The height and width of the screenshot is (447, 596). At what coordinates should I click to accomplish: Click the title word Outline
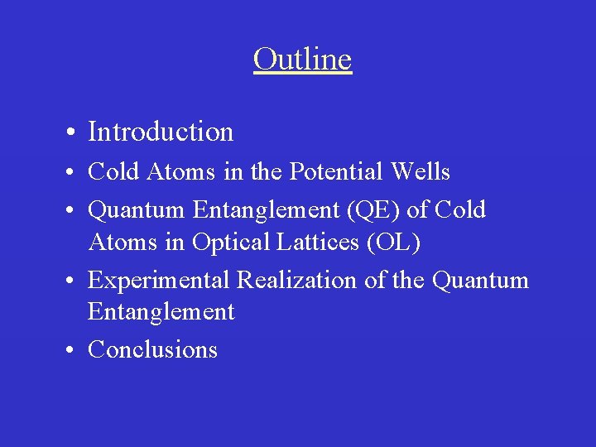(302, 60)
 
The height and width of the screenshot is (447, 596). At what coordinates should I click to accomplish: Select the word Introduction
(161, 132)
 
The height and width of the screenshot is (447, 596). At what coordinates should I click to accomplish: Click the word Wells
(424, 172)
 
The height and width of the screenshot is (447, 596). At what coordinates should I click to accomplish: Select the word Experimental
(160, 281)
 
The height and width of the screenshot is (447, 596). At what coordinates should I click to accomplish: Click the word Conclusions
(152, 349)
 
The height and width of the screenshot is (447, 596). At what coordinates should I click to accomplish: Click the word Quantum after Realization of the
(480, 281)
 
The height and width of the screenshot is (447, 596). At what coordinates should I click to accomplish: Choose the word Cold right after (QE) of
(460, 210)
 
